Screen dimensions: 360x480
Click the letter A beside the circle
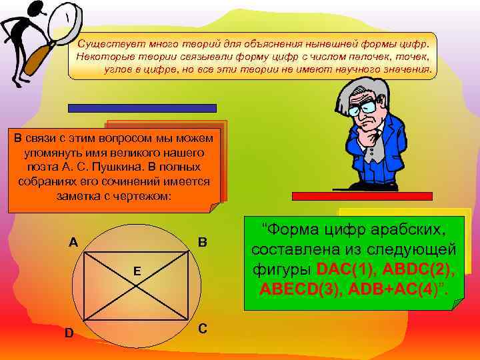point(75,242)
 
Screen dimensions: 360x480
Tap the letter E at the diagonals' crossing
point(136,271)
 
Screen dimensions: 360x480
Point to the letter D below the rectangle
point(69,332)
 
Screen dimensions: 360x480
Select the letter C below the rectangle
point(203,329)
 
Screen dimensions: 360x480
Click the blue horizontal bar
point(141,107)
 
